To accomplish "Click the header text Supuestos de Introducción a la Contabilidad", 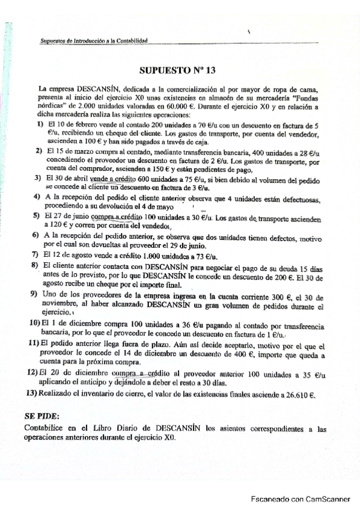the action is pos(94,41).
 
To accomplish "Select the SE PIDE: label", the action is pos(41,415).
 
